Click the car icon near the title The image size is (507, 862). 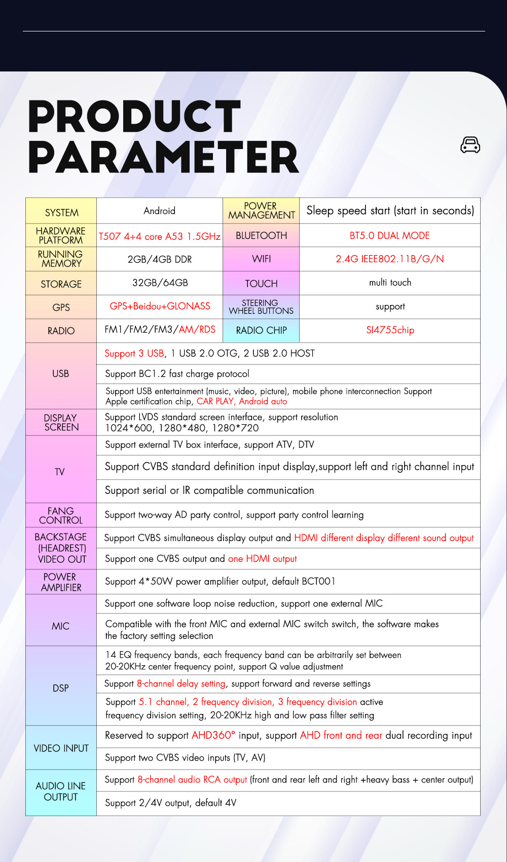[470, 145]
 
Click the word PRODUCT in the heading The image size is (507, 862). [134, 117]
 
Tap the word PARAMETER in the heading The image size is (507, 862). [163, 158]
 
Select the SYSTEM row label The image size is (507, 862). [61, 212]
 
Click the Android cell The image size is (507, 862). [159, 210]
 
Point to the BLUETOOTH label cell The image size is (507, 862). [261, 235]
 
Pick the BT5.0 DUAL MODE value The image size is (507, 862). [389, 235]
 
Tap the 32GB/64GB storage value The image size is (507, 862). [160, 282]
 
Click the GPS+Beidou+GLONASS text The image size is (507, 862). [160, 306]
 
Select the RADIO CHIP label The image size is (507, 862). [261, 330]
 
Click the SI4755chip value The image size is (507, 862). [390, 330]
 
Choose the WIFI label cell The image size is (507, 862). [261, 259]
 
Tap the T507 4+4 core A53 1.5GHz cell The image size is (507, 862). [159, 236]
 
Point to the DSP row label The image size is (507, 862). [60, 688]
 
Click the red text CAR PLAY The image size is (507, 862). [215, 401]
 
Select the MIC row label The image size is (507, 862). [60, 626]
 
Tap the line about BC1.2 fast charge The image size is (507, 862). [177, 374]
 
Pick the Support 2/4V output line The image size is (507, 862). [170, 803]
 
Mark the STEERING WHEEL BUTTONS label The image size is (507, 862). [261, 307]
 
